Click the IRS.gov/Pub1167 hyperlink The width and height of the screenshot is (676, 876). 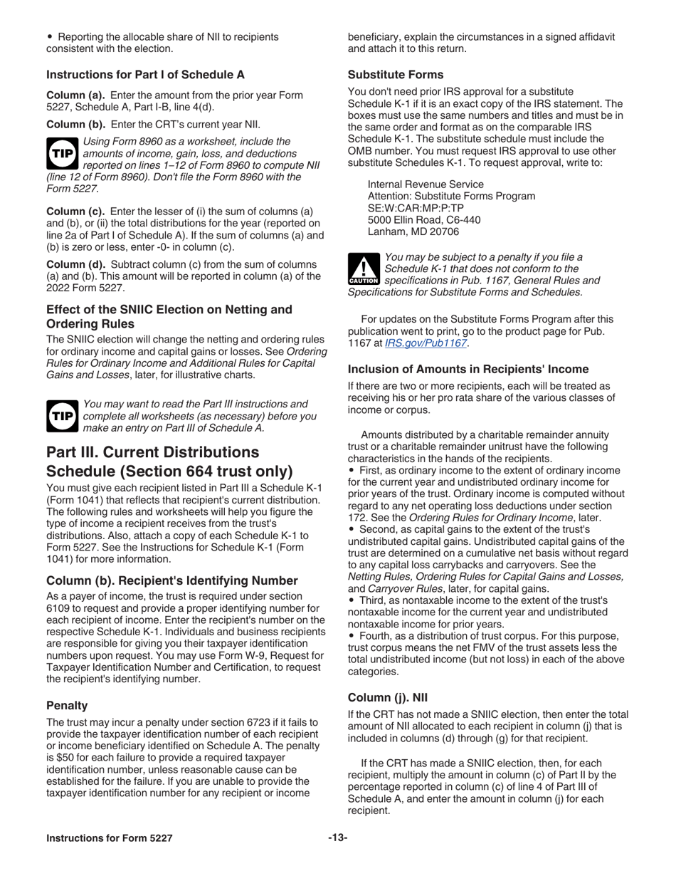coord(426,343)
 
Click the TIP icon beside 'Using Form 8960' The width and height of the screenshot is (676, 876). coord(62,154)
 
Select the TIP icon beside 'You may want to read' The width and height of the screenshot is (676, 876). coord(62,416)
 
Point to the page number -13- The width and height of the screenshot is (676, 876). coord(337,838)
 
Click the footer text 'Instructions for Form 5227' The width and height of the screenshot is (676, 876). coord(109,838)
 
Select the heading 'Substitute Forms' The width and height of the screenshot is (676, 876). coord(395,75)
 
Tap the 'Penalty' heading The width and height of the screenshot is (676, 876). coord(67,705)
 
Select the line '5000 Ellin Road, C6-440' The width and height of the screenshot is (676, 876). coord(423,220)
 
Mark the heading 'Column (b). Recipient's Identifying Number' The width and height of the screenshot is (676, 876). coord(171,580)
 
